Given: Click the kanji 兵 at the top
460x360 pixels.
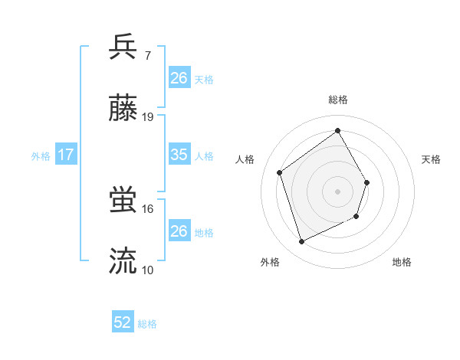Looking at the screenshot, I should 123,48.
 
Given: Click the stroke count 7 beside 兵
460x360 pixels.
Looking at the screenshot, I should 147,56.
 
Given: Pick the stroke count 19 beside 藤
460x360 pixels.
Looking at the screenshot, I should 148,117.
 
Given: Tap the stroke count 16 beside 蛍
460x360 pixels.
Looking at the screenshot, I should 148,208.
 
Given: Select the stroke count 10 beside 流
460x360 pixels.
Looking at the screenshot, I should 148,270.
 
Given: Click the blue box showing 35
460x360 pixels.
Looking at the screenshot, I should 179,155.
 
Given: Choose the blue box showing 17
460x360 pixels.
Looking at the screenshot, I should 66,155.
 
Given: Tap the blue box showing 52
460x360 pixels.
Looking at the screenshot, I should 123,322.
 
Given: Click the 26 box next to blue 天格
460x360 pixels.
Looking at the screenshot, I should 179,78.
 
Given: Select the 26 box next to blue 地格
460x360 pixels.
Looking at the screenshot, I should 179,231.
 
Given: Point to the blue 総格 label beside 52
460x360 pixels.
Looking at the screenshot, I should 148,324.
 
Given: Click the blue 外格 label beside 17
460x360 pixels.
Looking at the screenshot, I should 41,156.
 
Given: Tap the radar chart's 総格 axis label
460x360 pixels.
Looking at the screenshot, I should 338,100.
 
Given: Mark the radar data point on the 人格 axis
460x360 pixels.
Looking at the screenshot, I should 280,172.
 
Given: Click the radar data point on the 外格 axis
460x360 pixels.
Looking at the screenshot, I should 301,242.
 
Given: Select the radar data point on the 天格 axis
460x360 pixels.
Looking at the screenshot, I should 367,182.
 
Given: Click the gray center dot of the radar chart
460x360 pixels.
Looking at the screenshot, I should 338,191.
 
